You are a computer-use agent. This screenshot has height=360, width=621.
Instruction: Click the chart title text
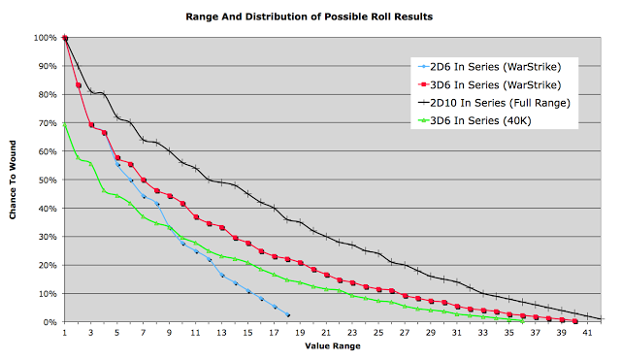(310, 16)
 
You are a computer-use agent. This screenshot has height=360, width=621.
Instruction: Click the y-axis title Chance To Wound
(13, 180)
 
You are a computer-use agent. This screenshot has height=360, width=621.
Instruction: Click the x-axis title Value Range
(333, 346)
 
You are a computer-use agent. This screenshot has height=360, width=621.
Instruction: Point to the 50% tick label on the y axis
(48, 180)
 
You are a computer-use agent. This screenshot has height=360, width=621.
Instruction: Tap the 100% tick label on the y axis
(46, 38)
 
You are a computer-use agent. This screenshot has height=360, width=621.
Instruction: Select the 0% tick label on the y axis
(49, 322)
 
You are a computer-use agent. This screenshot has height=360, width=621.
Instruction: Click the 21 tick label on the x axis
(326, 333)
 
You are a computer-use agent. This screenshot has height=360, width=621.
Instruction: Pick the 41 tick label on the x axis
(587, 333)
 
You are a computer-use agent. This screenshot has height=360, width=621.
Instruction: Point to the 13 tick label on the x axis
(221, 333)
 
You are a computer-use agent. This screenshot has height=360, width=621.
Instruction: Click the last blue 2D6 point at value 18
(288, 315)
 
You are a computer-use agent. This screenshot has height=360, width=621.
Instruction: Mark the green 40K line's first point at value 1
(65, 125)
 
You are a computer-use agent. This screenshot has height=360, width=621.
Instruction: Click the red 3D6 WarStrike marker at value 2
(79, 85)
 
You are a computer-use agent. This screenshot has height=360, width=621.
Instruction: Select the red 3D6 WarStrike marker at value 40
(575, 321)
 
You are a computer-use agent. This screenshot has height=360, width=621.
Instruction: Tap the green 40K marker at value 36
(523, 321)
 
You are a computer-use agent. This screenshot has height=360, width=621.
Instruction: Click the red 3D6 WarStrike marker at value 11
(196, 217)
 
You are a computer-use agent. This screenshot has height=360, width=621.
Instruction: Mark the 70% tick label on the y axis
(48, 123)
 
